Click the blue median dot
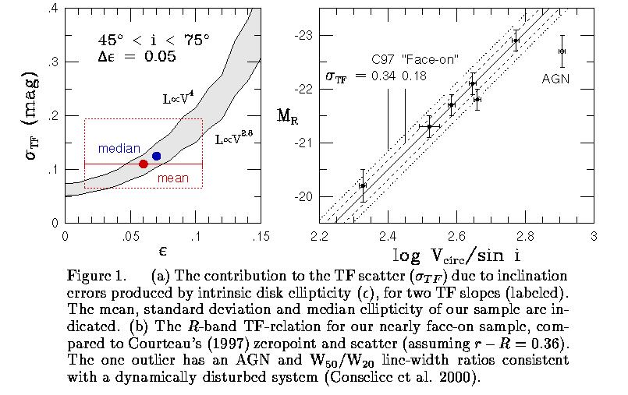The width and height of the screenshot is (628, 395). point(156,156)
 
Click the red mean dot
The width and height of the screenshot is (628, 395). point(144,164)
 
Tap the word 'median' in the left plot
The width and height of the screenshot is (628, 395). point(119,148)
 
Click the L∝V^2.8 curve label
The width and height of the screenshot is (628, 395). point(234,140)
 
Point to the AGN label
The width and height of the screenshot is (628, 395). point(556,78)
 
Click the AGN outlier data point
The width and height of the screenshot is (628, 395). point(562,51)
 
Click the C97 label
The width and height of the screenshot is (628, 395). point(384,59)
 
